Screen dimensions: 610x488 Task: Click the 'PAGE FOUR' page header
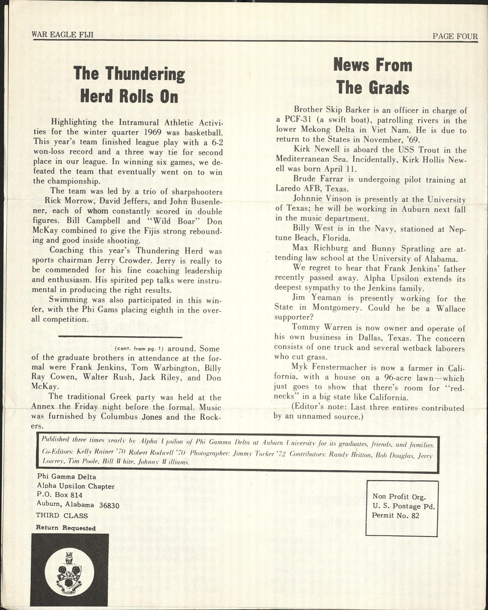click(x=455, y=36)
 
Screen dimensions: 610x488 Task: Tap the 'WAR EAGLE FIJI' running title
click(x=63, y=35)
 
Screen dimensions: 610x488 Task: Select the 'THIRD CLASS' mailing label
click(x=62, y=516)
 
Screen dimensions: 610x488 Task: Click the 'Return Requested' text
click(x=65, y=528)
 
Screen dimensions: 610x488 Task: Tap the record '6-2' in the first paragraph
click(x=216, y=142)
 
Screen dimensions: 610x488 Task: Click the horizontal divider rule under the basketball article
click(x=120, y=337)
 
